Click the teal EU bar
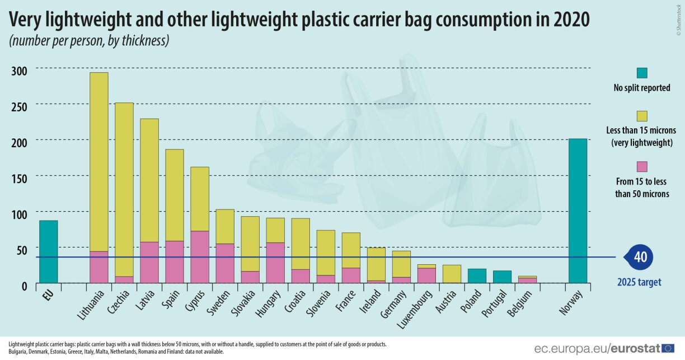tap(48, 251)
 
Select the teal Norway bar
tap(578, 211)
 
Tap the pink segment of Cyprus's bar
tap(199, 257)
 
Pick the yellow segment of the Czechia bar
tap(124, 189)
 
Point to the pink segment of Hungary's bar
tap(275, 263)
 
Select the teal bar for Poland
tap(477, 276)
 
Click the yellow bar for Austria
tap(452, 274)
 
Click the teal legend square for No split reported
tap(642, 73)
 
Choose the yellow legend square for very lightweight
tap(642, 116)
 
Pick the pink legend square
tap(642, 166)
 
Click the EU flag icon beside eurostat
tap(668, 348)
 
